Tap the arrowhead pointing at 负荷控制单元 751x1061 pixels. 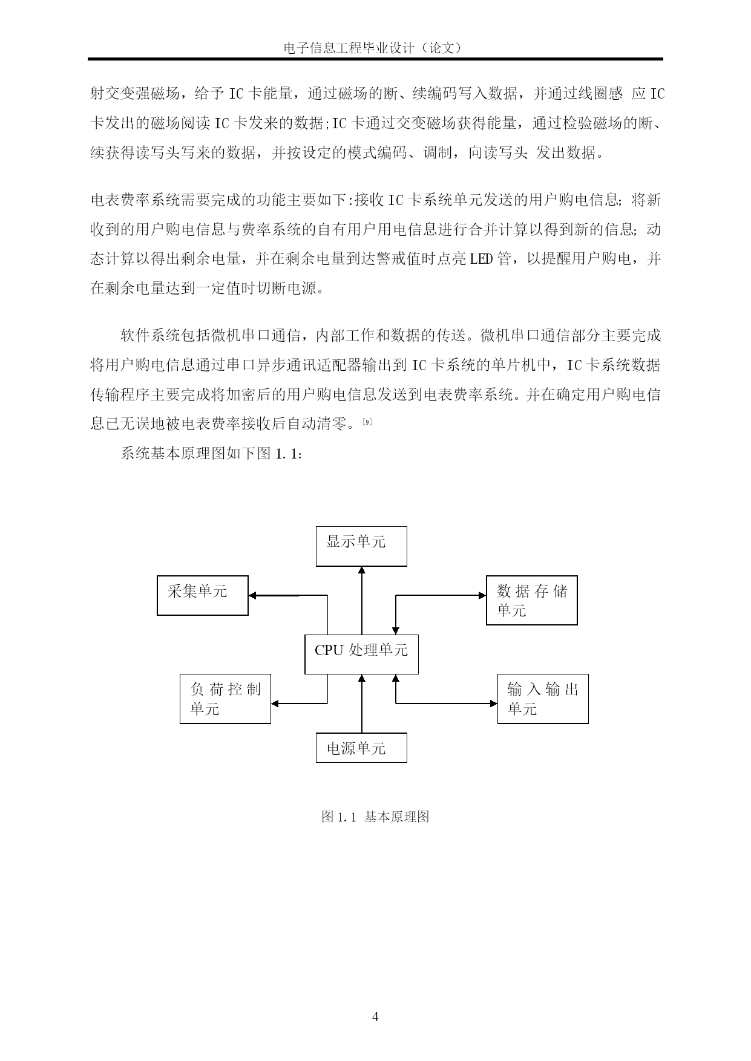[275, 704]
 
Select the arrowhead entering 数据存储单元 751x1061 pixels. [482, 595]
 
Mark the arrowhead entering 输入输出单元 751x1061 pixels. [494, 704]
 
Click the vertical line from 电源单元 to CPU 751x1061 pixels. [362, 704]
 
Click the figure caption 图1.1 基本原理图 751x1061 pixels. [375, 817]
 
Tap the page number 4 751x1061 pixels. [375, 1017]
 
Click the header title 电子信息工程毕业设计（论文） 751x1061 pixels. [375, 48]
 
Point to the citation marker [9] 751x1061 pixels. [366, 422]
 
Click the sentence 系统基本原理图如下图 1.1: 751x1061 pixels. [211, 454]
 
